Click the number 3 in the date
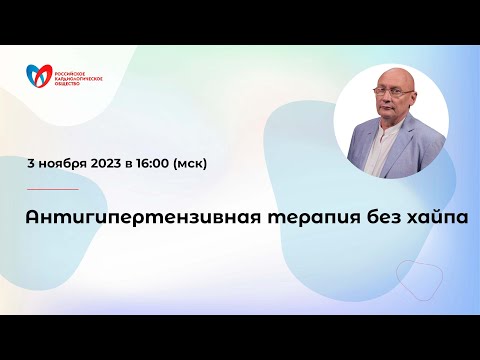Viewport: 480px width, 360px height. tap(33, 161)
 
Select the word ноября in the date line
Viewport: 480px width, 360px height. tap(66, 161)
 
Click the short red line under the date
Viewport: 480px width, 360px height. tap(52, 189)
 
